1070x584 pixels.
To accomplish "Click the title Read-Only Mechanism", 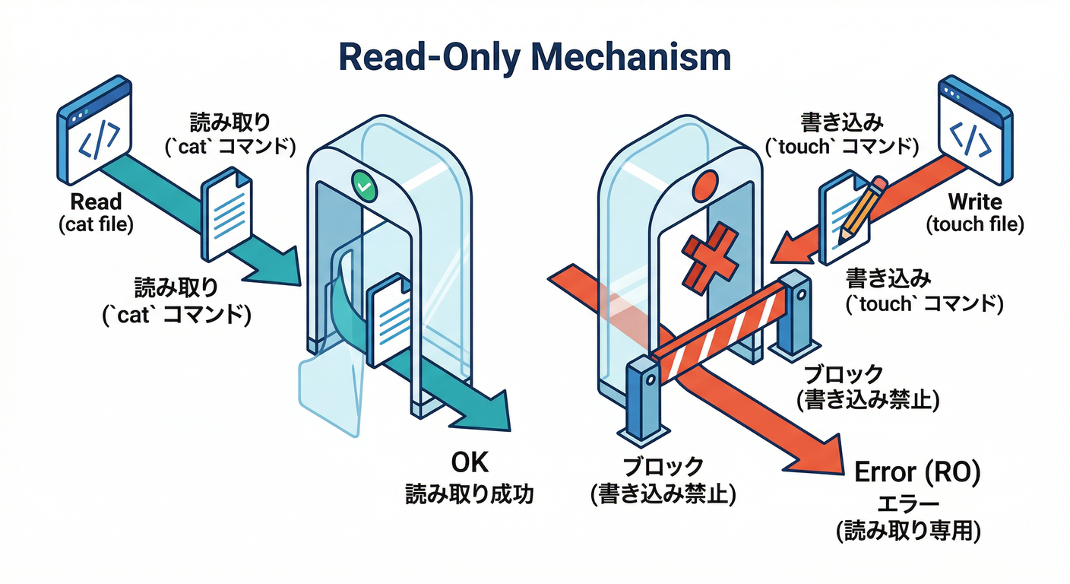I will click(x=534, y=57).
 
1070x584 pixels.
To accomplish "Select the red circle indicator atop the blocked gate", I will click(x=705, y=184).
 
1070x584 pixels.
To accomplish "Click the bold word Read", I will click(x=95, y=202).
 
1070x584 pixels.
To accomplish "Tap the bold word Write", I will click(x=975, y=202).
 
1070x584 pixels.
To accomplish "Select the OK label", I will click(x=469, y=465).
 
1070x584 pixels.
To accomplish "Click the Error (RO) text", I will click(x=918, y=472).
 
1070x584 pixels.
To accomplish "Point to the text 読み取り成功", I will click(x=469, y=494).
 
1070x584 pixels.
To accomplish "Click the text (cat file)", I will click(x=95, y=224).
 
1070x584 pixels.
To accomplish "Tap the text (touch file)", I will click(x=975, y=224).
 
